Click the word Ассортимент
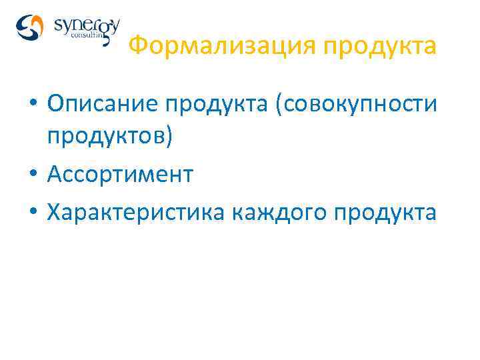[x=120, y=175]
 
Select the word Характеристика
[x=137, y=213]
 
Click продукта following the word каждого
[x=386, y=213]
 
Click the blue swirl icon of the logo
[x=29, y=28]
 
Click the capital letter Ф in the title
[x=136, y=47]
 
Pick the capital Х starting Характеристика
[x=53, y=213]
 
